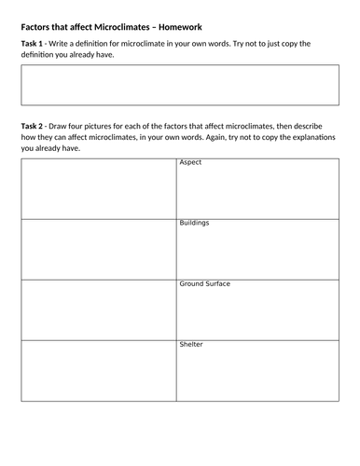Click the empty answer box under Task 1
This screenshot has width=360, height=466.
179,89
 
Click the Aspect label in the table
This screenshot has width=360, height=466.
190,163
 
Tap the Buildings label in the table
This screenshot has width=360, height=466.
194,224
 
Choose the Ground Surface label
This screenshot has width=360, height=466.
204,283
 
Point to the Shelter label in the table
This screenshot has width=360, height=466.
191,344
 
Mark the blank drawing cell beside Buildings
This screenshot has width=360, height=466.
98,249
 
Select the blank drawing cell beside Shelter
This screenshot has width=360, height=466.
98,371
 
